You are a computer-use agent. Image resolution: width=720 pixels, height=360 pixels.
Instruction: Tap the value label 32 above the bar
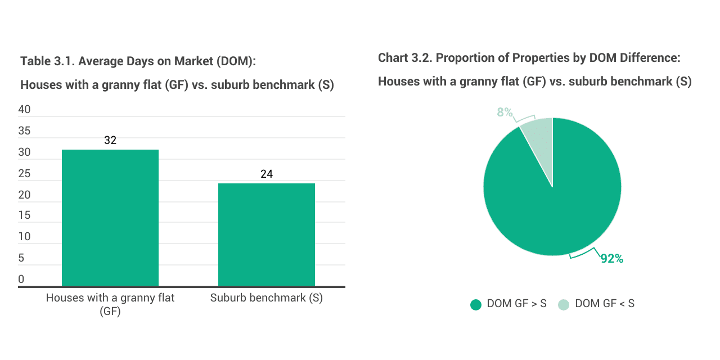(110, 140)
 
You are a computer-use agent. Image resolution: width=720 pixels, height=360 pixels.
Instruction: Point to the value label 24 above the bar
(267, 174)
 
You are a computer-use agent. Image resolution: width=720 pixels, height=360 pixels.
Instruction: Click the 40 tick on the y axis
(25, 110)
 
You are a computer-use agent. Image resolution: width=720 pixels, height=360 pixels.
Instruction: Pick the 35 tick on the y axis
(25, 131)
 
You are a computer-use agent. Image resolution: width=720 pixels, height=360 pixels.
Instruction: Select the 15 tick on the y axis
(25, 216)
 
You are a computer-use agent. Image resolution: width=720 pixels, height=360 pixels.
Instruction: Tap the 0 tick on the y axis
(21, 280)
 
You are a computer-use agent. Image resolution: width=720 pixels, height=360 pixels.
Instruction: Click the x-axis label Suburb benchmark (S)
(267, 298)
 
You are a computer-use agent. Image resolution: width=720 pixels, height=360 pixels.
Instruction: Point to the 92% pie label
(611, 259)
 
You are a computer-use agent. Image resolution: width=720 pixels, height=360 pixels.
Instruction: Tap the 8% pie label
(505, 112)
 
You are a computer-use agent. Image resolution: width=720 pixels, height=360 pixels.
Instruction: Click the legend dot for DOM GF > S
(476, 304)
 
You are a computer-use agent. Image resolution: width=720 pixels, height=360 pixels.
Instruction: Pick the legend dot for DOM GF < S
(564, 304)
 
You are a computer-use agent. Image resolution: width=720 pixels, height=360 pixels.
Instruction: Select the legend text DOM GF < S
(605, 304)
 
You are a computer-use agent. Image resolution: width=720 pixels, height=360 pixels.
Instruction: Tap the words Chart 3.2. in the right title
(405, 58)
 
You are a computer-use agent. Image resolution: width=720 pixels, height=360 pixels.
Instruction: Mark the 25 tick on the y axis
(25, 174)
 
